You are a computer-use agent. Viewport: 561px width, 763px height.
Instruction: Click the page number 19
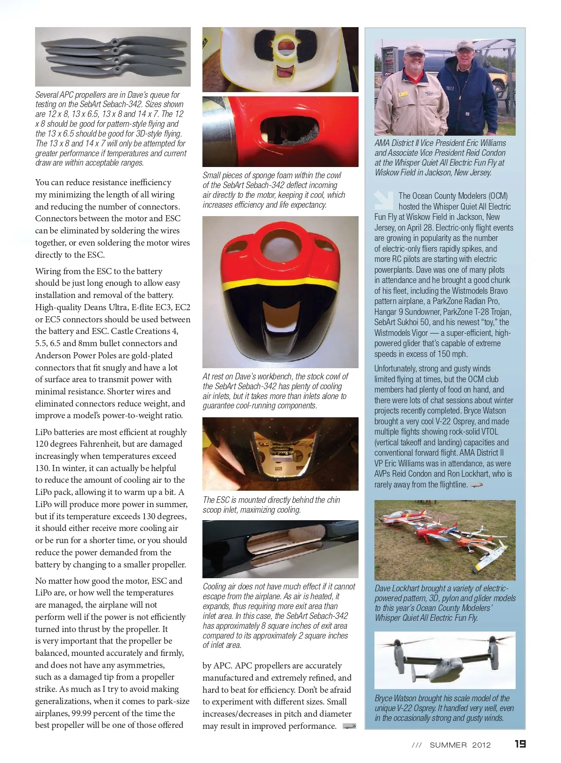point(520,744)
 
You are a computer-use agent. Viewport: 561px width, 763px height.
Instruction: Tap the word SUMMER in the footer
point(448,745)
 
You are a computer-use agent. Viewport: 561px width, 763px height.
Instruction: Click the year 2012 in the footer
point(481,745)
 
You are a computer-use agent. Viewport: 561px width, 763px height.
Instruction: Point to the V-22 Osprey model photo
point(445,660)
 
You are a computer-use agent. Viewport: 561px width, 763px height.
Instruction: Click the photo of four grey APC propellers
point(113,57)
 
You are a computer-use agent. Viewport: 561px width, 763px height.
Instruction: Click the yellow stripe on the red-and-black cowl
point(280,283)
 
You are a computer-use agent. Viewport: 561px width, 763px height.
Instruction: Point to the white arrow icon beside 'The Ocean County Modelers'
point(384,200)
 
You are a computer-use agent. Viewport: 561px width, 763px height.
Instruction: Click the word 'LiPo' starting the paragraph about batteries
point(45,432)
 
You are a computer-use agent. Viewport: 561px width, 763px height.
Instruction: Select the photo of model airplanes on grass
point(445,540)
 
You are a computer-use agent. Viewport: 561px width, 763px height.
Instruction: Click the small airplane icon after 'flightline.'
point(476,485)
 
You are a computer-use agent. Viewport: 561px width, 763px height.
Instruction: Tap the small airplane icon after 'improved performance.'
point(349,727)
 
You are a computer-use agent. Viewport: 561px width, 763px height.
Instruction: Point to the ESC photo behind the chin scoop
point(280,453)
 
